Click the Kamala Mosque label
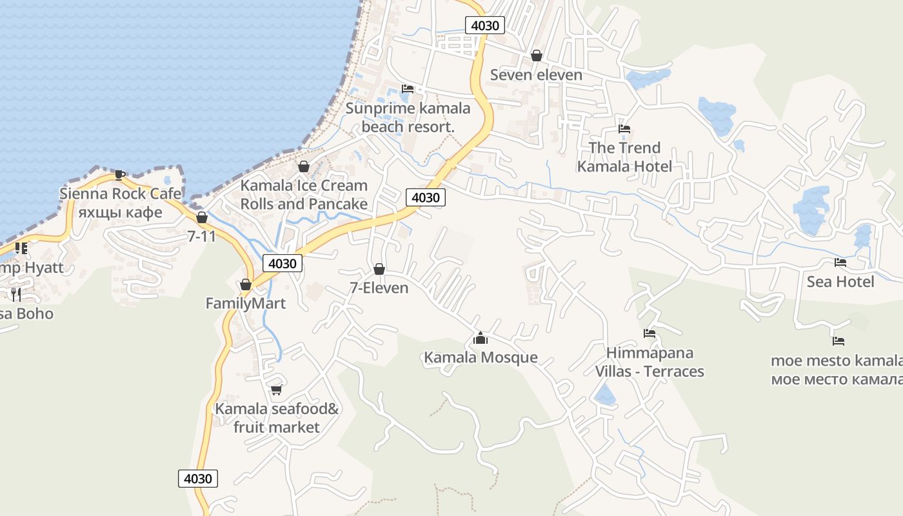pyautogui.click(x=481, y=357)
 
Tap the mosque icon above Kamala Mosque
pyautogui.click(x=480, y=338)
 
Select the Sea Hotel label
pyautogui.click(x=840, y=282)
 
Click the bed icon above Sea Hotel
pyautogui.click(x=840, y=263)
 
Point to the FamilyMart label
pyautogui.click(x=246, y=303)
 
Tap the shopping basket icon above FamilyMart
pyautogui.click(x=246, y=284)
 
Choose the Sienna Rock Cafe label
pyautogui.click(x=121, y=193)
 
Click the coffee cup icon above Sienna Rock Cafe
pyautogui.click(x=119, y=175)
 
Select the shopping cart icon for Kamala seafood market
pyautogui.click(x=277, y=390)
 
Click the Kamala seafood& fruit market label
pyautogui.click(x=277, y=418)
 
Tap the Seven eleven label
pyautogui.click(x=536, y=75)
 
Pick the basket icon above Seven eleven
pyautogui.click(x=536, y=56)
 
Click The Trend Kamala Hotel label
pyautogui.click(x=624, y=157)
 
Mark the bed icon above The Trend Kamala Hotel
pyautogui.click(x=624, y=129)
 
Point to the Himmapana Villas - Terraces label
pyautogui.click(x=650, y=362)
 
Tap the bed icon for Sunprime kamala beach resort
pyautogui.click(x=407, y=89)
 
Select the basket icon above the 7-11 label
pyautogui.click(x=202, y=218)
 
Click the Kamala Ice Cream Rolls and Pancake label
pyautogui.click(x=304, y=195)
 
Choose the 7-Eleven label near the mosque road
pyautogui.click(x=379, y=288)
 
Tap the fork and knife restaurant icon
pyautogui.click(x=16, y=295)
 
